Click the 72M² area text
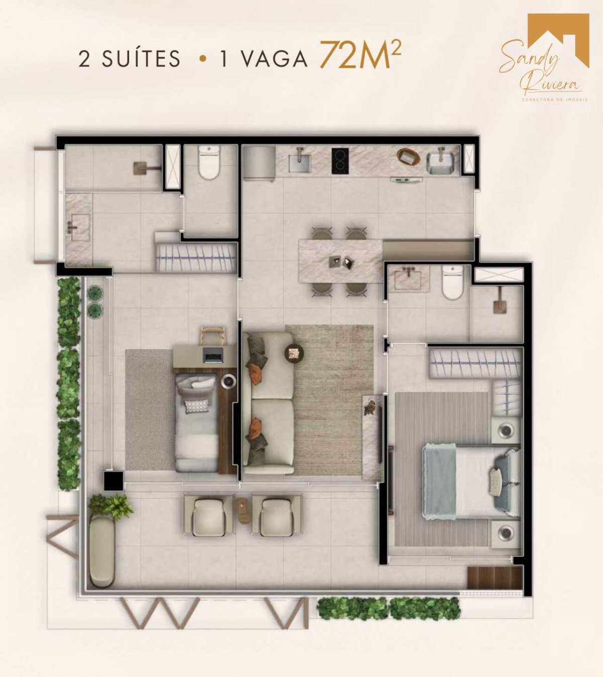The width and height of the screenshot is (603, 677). click(x=360, y=55)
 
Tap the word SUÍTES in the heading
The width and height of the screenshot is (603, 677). click(x=141, y=58)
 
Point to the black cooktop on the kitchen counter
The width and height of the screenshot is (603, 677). click(x=340, y=161)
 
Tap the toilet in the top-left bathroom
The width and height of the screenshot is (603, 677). click(x=210, y=162)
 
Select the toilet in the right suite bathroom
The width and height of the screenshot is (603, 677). click(x=452, y=282)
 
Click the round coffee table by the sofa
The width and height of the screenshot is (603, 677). click(x=294, y=352)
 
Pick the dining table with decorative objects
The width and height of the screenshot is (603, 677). click(x=341, y=262)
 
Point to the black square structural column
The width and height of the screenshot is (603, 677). click(x=114, y=480)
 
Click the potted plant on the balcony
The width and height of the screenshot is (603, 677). click(x=111, y=506)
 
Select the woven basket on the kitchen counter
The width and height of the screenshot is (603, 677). click(x=409, y=156)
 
